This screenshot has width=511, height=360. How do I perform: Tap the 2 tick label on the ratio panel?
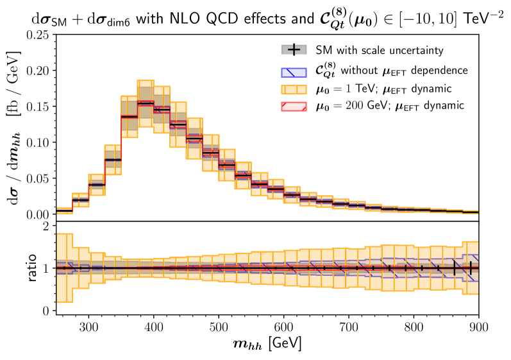pos(46,227)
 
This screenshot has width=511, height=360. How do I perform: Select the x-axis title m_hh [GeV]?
pos(267,343)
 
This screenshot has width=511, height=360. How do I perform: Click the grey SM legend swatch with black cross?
pos(292,49)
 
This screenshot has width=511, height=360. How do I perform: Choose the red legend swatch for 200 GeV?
pos(292,104)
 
